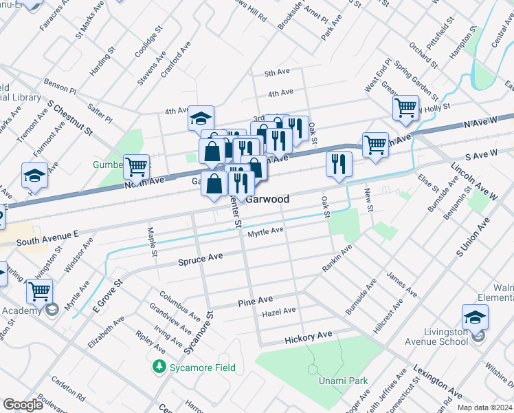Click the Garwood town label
(x=267, y=198)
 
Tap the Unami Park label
(x=343, y=381)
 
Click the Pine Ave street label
(x=255, y=300)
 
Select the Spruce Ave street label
(x=201, y=259)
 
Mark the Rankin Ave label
(x=337, y=257)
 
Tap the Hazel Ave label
(x=279, y=311)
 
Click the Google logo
(x=23, y=404)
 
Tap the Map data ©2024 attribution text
(x=484, y=407)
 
